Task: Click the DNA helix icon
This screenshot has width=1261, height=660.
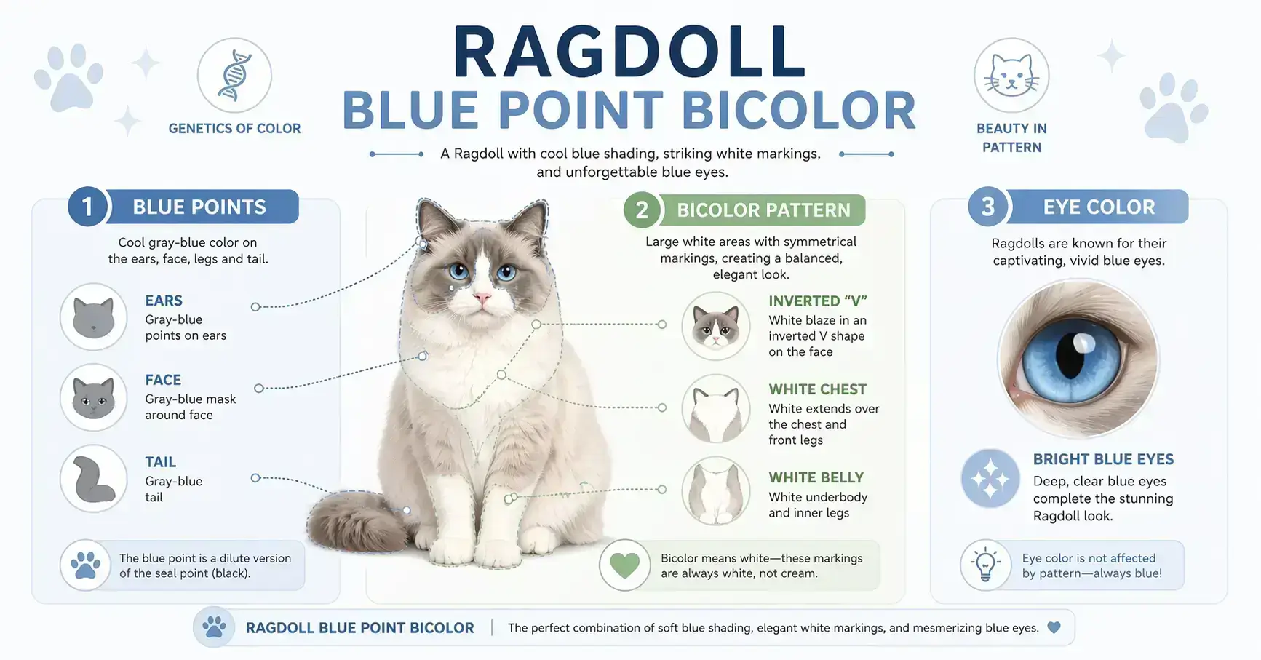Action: [x=234, y=75]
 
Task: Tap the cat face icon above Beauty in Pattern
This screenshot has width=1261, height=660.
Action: [x=1011, y=75]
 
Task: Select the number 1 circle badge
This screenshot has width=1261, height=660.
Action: [x=87, y=207]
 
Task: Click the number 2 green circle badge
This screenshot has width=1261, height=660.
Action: [x=642, y=210]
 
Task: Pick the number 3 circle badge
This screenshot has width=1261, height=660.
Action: [x=987, y=207]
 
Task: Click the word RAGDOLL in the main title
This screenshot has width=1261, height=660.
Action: [x=629, y=53]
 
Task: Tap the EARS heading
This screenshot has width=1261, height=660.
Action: [x=164, y=301]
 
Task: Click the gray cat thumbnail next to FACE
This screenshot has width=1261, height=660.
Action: [x=94, y=397]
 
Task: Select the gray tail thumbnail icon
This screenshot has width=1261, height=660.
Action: [x=94, y=479]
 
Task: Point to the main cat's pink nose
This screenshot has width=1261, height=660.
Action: [x=482, y=297]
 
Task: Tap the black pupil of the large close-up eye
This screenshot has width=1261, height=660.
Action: [x=1069, y=356]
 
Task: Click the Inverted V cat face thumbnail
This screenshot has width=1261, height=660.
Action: [x=716, y=326]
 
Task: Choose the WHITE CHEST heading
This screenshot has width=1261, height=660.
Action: [x=817, y=389]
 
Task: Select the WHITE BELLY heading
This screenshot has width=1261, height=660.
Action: [x=816, y=477]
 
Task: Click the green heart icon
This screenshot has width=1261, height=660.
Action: [x=624, y=565]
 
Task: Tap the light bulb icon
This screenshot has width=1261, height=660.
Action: [x=985, y=565]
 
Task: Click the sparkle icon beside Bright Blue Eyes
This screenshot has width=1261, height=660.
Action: [x=990, y=478]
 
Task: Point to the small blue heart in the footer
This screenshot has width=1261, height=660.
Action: [x=1053, y=627]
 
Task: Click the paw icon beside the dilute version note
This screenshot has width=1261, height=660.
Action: [x=86, y=565]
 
